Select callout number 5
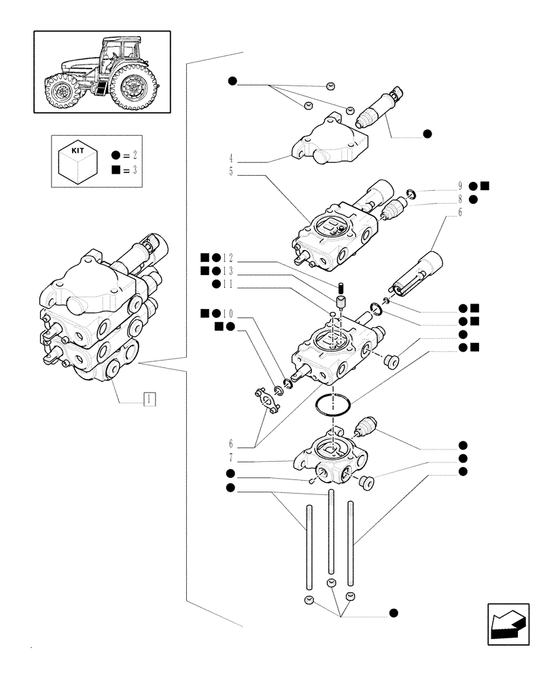[232, 172]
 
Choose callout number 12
[228, 258]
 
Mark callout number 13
[228, 271]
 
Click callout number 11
[228, 284]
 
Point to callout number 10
[228, 314]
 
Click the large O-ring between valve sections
[333, 405]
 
